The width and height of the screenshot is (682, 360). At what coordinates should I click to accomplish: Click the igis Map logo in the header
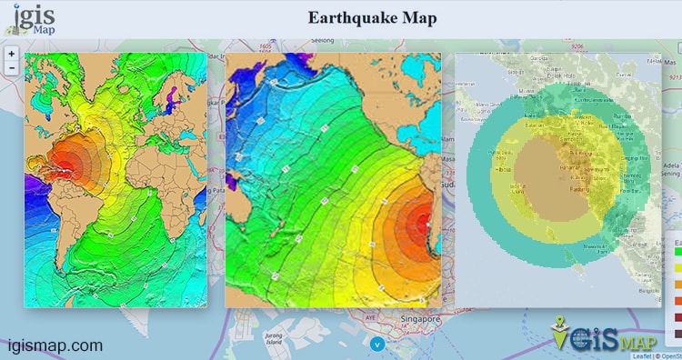click(35, 20)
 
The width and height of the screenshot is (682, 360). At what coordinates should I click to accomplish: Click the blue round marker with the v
click(377, 343)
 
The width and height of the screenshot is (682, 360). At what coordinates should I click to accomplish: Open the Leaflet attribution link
click(640, 355)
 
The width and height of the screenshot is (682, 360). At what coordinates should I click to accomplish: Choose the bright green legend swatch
click(677, 254)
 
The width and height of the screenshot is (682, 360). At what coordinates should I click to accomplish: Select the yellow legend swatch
click(677, 268)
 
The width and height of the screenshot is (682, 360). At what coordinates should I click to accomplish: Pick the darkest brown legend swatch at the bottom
click(677, 332)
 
